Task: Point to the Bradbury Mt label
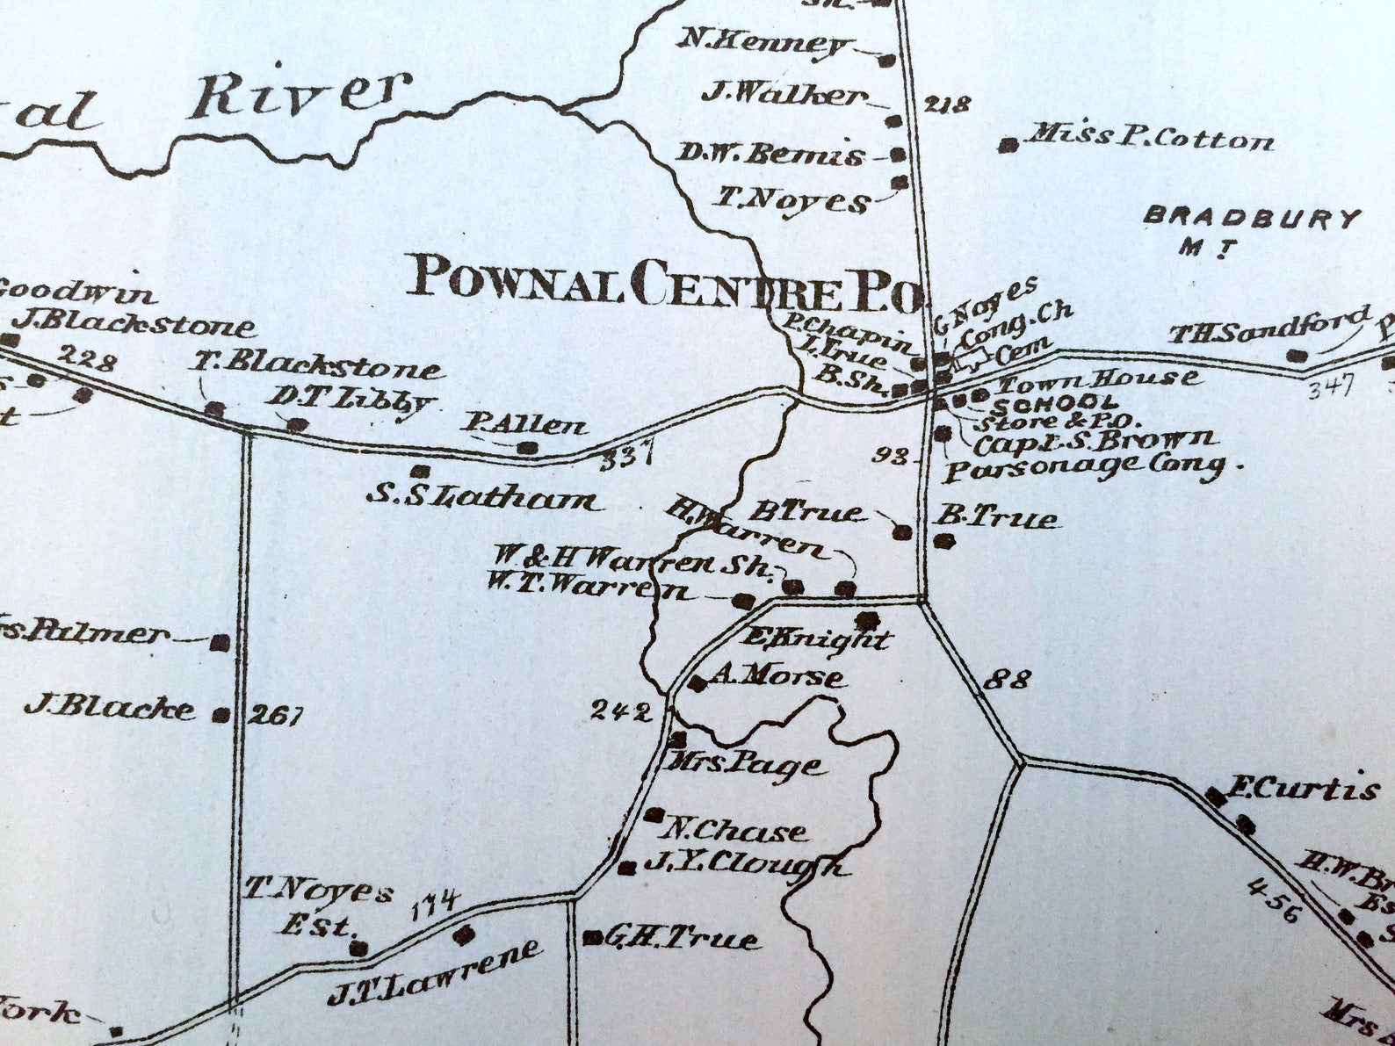tap(1254, 230)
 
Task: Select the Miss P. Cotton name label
tap(1152, 137)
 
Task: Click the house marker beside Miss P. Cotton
tap(1010, 144)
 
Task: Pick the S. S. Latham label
tap(483, 499)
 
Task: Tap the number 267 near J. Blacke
tap(275, 716)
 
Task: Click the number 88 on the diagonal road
tap(1008, 679)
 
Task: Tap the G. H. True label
tap(682, 939)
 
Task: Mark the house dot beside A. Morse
tap(697, 683)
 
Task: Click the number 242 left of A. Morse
tap(620, 711)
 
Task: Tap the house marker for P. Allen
tap(528, 448)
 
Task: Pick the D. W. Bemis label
tap(770, 155)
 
